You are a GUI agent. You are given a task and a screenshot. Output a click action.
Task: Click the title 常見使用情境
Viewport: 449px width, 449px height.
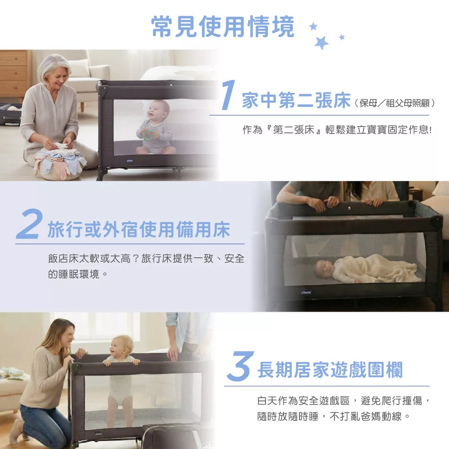(x=223, y=26)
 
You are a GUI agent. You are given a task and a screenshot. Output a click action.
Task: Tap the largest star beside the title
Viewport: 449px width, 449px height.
(x=321, y=43)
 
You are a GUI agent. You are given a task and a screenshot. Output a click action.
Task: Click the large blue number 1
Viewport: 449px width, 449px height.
(x=228, y=95)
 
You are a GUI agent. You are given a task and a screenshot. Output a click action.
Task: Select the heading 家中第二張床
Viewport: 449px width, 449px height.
(x=296, y=101)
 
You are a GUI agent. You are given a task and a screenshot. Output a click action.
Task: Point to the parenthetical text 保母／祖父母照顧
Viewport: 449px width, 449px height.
(x=395, y=103)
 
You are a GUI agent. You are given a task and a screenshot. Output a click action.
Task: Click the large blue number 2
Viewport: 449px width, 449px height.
(x=29, y=224)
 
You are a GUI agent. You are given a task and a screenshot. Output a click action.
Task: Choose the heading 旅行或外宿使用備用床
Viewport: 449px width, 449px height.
(x=139, y=229)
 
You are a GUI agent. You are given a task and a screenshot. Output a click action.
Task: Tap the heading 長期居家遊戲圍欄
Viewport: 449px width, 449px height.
(x=330, y=370)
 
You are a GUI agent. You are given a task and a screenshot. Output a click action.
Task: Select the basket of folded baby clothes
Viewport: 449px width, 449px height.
(x=60, y=165)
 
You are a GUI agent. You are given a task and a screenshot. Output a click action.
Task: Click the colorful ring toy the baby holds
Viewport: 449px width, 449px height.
(x=148, y=134)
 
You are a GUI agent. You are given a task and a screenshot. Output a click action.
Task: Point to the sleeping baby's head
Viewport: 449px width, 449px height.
(x=325, y=268)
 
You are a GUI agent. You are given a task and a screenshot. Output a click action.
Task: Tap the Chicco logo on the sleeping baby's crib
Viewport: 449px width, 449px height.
(x=306, y=292)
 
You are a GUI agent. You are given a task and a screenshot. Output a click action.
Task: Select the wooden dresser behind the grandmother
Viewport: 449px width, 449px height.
(x=14, y=75)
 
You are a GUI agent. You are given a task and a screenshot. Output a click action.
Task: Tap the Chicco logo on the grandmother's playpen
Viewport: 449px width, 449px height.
(x=130, y=161)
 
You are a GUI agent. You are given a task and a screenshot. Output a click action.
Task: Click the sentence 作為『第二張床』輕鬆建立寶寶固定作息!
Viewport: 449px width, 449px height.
(x=337, y=130)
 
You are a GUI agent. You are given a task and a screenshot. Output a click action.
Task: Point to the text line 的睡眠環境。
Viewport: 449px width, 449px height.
(x=78, y=274)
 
